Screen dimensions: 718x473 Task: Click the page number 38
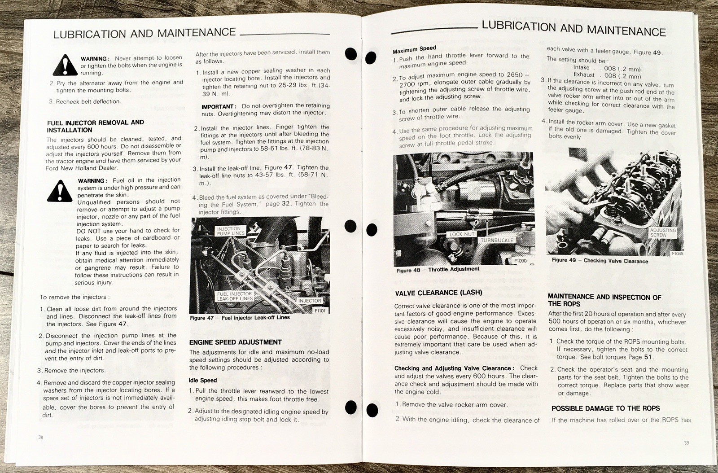(41, 437)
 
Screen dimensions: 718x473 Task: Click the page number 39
(686, 442)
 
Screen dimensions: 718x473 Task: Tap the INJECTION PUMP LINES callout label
(231, 231)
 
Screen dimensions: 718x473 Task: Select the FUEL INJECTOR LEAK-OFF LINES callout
(235, 296)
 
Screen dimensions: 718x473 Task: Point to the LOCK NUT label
(462, 234)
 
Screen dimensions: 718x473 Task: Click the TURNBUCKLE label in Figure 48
(496, 240)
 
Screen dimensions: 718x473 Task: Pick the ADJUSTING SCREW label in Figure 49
(662, 232)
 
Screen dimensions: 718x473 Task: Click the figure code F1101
(320, 311)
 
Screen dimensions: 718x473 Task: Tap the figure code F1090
(520, 261)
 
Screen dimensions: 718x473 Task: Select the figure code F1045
(677, 254)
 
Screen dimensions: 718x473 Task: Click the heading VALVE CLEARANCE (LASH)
(438, 293)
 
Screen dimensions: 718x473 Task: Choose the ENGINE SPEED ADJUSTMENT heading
(235, 342)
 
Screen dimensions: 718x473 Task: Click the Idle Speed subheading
(202, 381)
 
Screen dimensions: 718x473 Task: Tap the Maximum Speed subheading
(415, 49)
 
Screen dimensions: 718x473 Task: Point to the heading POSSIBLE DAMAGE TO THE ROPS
(605, 408)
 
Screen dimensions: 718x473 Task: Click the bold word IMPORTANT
(219, 106)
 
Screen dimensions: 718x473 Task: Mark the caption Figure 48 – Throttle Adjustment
(438, 270)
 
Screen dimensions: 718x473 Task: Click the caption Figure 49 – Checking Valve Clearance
(600, 261)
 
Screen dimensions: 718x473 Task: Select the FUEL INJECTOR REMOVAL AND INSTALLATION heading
(95, 126)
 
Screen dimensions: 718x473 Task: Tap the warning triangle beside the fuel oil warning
(60, 191)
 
